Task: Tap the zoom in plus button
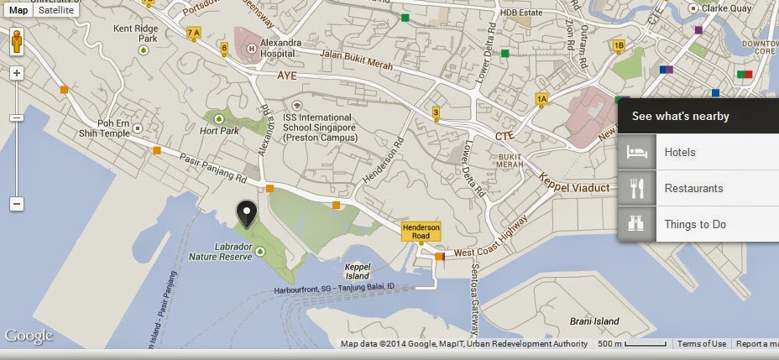(x=16, y=73)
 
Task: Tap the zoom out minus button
(x=16, y=204)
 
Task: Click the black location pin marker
(x=246, y=215)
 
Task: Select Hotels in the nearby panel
(x=680, y=153)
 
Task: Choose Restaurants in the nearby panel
(x=693, y=189)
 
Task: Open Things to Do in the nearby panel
(x=695, y=224)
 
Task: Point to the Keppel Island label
(x=358, y=270)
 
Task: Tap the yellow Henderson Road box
(x=421, y=232)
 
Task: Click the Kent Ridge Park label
(x=136, y=33)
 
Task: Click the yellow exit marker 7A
(x=194, y=33)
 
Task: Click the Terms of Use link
(x=702, y=344)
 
